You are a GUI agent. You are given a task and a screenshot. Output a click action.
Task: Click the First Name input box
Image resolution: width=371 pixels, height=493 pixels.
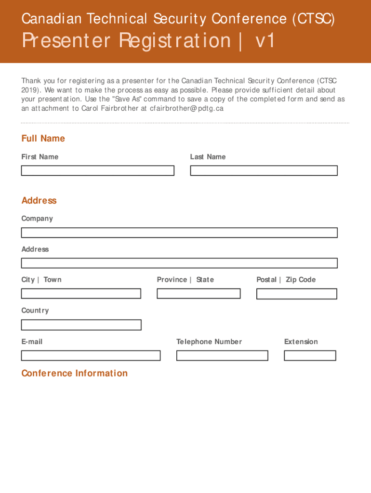coord(97,170)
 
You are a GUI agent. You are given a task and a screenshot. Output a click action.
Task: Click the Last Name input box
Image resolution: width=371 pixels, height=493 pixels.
coord(264,170)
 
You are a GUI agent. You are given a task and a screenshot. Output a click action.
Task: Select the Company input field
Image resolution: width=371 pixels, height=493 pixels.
coord(179,233)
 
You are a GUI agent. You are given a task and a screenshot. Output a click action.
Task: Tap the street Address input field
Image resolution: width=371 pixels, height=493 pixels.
coord(179,263)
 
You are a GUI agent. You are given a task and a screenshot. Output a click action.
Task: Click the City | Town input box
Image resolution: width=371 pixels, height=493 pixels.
coord(81,293)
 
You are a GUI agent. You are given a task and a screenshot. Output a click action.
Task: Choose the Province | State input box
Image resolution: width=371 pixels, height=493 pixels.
coord(199,293)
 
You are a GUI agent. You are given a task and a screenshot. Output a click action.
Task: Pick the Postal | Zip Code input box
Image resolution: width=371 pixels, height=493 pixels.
coord(296,294)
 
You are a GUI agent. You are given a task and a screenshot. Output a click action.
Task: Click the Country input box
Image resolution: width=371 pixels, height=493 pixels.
coord(81,324)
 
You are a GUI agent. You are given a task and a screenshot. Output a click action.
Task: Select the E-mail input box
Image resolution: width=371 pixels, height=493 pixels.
coord(91,355)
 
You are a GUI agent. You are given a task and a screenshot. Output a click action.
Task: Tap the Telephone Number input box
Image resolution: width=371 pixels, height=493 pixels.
coord(222,355)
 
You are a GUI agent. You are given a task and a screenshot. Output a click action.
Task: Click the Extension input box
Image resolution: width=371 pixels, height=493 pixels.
coord(310,355)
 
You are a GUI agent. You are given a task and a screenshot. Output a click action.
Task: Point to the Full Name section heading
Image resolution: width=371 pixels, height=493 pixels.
coord(43,139)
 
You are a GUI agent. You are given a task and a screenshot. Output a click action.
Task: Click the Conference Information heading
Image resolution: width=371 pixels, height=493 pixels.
coord(74,373)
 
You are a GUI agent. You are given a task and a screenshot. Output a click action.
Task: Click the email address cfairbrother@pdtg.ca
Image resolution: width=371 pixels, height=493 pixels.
coord(186,108)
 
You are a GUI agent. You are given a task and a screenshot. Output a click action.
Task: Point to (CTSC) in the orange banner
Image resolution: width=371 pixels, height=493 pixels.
coord(313,19)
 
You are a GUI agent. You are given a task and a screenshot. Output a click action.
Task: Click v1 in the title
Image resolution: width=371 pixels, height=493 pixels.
coord(265,40)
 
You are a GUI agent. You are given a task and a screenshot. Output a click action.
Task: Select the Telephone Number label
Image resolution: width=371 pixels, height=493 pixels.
coord(209,342)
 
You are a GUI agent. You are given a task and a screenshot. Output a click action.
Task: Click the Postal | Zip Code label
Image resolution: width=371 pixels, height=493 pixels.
coord(286,280)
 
